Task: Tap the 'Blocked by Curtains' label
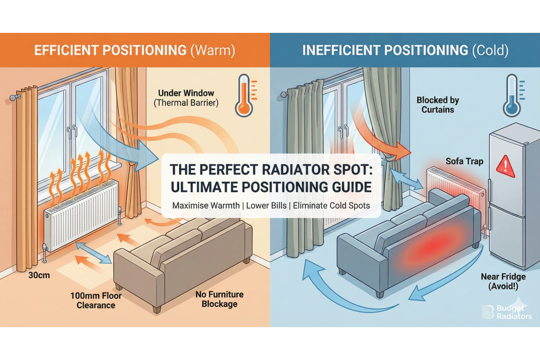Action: (437, 105)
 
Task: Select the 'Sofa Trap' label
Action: (458, 161)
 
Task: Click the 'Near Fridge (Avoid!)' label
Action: (503, 282)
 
